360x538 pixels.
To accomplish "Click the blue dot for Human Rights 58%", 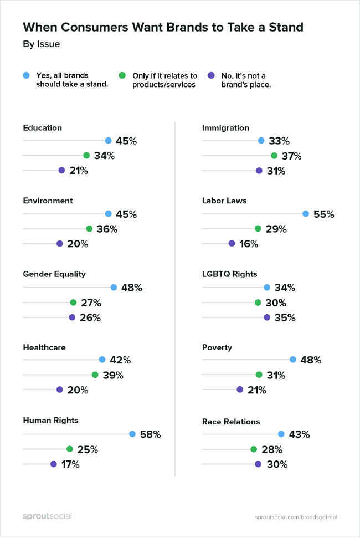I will [132, 434].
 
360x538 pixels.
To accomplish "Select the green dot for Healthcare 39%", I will [95, 375].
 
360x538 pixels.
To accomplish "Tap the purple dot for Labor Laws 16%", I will [232, 243].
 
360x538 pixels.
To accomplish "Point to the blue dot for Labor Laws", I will [306, 214].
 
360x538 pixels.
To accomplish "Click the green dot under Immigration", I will [274, 156].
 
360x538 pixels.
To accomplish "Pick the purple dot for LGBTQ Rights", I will [267, 317].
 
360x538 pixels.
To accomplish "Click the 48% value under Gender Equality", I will [132, 288].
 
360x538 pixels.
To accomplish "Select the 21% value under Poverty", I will [257, 390].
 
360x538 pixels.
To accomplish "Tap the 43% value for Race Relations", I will [299, 435].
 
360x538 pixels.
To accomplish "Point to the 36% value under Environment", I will [107, 229].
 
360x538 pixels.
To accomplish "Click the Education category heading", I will [42, 128].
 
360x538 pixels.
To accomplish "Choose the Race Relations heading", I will [231, 422].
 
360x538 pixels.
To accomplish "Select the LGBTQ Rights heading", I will [230, 274].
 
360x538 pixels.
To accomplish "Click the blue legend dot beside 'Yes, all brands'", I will [27, 75].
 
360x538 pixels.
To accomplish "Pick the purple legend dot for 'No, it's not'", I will [211, 75].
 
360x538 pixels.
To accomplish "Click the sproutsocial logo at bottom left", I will [47, 516].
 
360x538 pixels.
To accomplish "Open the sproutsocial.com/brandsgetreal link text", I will [296, 517].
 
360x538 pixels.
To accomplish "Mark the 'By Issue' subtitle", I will [42, 44].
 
